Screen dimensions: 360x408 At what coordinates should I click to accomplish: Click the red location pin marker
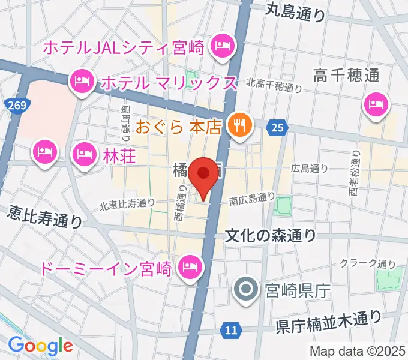point(204,175)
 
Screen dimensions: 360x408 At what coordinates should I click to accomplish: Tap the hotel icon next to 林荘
point(82,154)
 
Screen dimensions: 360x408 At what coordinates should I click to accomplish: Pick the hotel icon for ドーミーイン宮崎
point(190,265)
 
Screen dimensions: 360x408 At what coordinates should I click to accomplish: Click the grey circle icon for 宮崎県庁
point(247,290)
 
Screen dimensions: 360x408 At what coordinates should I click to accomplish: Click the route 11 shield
point(231,329)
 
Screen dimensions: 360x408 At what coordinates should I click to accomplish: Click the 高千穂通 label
point(347,76)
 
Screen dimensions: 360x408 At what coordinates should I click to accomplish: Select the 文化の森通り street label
point(271,235)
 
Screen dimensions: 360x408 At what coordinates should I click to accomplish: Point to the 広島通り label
point(310,169)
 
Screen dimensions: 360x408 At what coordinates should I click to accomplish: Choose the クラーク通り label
point(368,263)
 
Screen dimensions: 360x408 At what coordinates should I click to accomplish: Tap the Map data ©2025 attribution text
point(358,351)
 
